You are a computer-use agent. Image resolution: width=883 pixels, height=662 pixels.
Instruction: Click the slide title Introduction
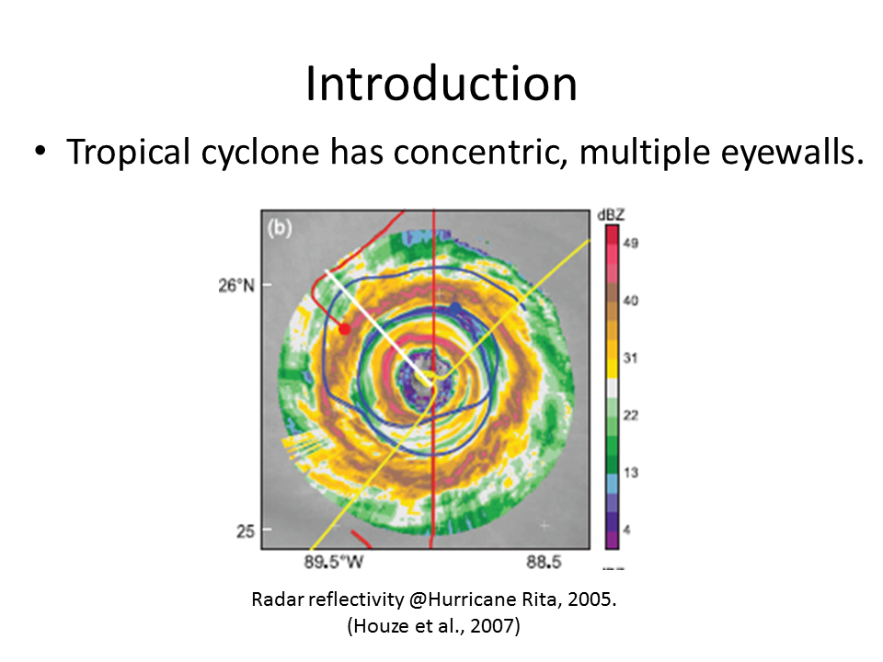(x=441, y=84)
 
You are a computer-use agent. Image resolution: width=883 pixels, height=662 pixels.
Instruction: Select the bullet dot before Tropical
(x=40, y=152)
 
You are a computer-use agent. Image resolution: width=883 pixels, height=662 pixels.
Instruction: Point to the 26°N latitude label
(x=236, y=285)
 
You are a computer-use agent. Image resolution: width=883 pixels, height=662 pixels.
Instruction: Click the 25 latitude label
(x=245, y=531)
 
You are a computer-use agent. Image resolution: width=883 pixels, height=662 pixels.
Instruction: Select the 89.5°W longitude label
(x=334, y=562)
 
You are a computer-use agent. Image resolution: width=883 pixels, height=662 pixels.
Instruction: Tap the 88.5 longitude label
(x=544, y=562)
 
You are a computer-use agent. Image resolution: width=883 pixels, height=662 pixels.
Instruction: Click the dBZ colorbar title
(x=611, y=215)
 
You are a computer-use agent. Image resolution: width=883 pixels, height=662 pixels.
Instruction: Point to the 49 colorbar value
(x=631, y=243)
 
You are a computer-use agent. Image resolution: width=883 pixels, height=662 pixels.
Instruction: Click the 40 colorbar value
(x=631, y=301)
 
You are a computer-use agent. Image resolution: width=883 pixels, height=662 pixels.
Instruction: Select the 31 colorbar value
(x=630, y=358)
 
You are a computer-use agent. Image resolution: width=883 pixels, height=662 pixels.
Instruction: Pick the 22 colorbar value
(x=631, y=415)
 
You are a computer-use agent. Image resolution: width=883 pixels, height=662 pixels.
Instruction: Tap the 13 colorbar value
(x=631, y=473)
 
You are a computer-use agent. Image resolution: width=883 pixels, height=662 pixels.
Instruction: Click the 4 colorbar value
(x=626, y=530)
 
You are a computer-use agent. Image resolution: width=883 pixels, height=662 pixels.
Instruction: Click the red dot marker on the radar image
(x=345, y=329)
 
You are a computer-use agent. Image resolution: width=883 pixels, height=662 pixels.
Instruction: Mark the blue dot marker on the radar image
(x=455, y=308)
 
